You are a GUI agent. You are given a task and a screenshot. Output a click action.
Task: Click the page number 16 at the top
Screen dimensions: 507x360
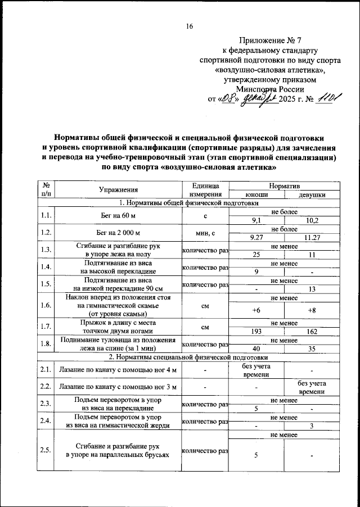pyautogui.click(x=190, y=26)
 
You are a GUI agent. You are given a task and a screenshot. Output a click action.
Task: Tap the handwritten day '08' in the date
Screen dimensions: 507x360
pyautogui.click(x=228, y=101)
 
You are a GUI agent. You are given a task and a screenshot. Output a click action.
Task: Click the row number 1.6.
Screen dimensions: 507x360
pyautogui.click(x=46, y=305)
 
